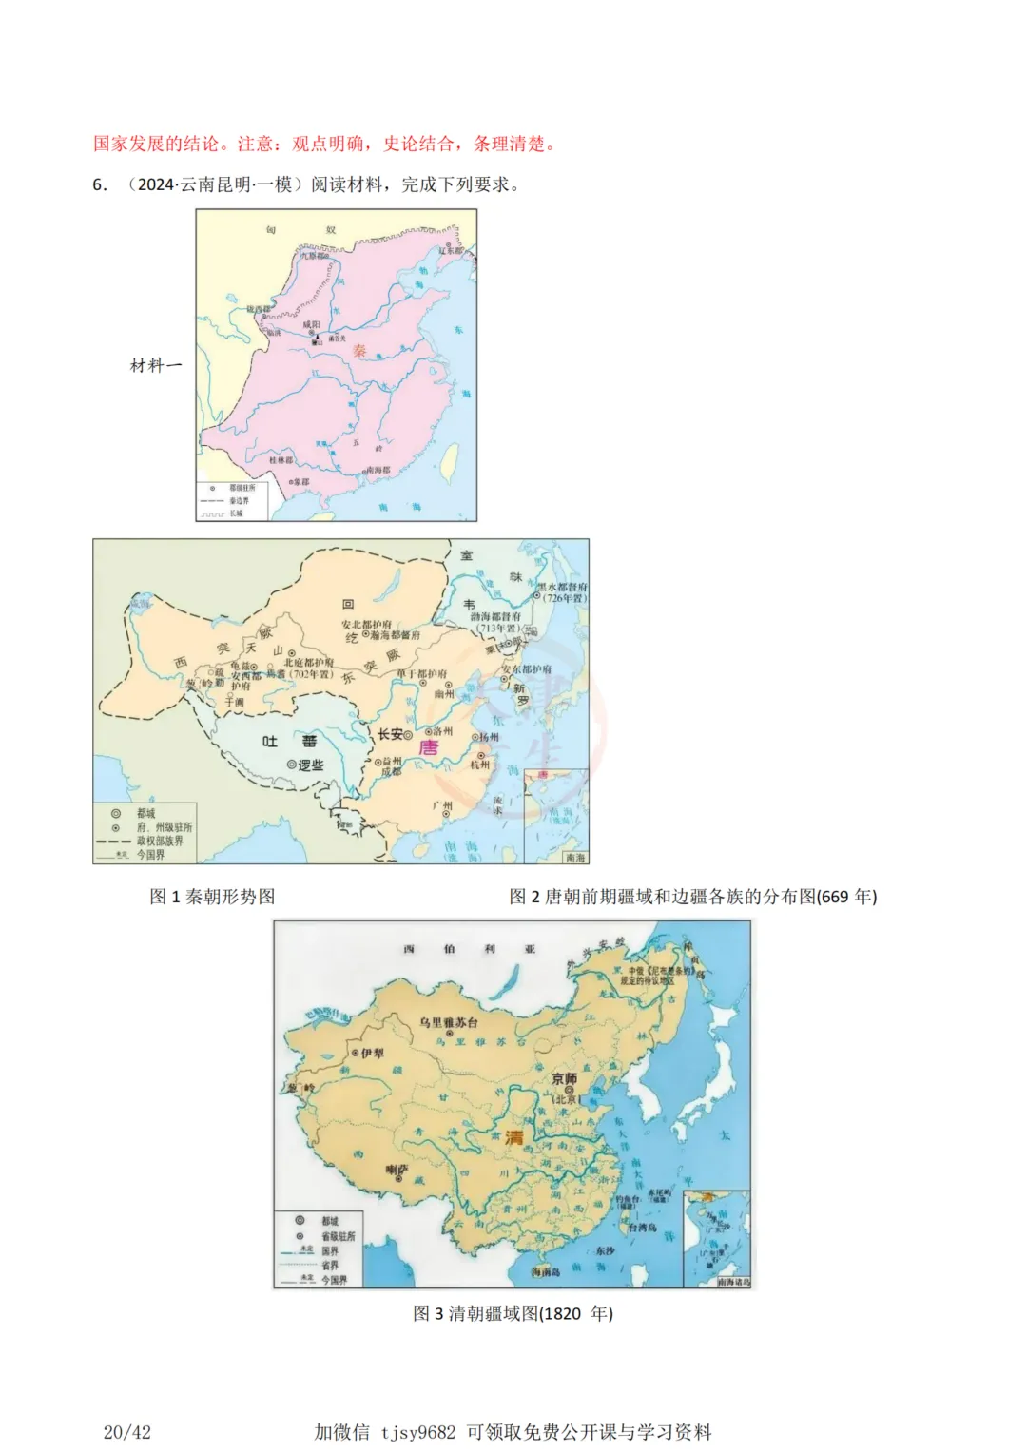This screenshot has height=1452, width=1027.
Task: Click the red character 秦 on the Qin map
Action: (x=359, y=350)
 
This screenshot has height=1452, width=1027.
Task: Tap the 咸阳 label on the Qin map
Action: (x=311, y=324)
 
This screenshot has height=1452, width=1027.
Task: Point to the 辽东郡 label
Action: (x=451, y=250)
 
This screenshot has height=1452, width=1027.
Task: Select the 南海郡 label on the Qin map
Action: (x=378, y=470)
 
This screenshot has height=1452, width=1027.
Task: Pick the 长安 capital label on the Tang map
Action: (x=391, y=734)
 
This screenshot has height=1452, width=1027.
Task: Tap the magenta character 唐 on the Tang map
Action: (x=429, y=747)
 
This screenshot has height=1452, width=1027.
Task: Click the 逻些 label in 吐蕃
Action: (x=311, y=765)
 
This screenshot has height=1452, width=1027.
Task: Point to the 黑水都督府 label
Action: (x=563, y=587)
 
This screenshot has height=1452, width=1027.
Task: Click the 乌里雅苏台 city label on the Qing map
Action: (x=449, y=1022)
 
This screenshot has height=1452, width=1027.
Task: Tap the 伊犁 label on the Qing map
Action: (x=372, y=1053)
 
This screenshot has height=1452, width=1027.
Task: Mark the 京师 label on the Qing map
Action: (x=564, y=1078)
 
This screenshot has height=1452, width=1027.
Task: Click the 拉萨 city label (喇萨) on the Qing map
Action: (x=397, y=1169)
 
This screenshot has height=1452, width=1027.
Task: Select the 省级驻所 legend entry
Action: (x=338, y=1236)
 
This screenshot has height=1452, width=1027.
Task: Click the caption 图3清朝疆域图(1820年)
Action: (x=513, y=1313)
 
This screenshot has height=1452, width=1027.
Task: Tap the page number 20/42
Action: (x=127, y=1432)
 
